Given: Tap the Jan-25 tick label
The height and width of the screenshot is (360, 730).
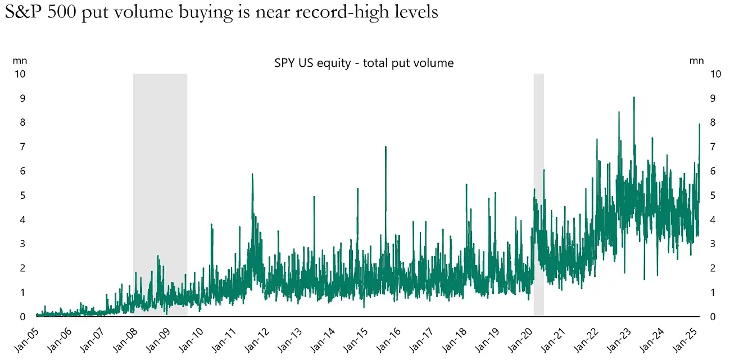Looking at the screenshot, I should [x=690, y=338].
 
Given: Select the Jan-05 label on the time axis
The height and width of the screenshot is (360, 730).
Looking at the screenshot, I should [x=26, y=338].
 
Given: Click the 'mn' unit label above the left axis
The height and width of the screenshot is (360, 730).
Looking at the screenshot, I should [x=20, y=61].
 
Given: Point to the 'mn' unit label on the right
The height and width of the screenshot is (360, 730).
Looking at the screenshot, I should [x=696, y=61].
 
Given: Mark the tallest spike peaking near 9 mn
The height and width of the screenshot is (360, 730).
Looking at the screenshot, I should [x=634, y=98].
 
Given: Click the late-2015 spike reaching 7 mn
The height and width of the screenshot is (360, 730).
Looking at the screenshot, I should [x=386, y=147].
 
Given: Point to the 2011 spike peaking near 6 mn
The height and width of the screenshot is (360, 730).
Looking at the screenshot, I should [x=252, y=175].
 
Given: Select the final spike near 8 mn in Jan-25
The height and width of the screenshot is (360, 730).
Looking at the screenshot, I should [x=699, y=125].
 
